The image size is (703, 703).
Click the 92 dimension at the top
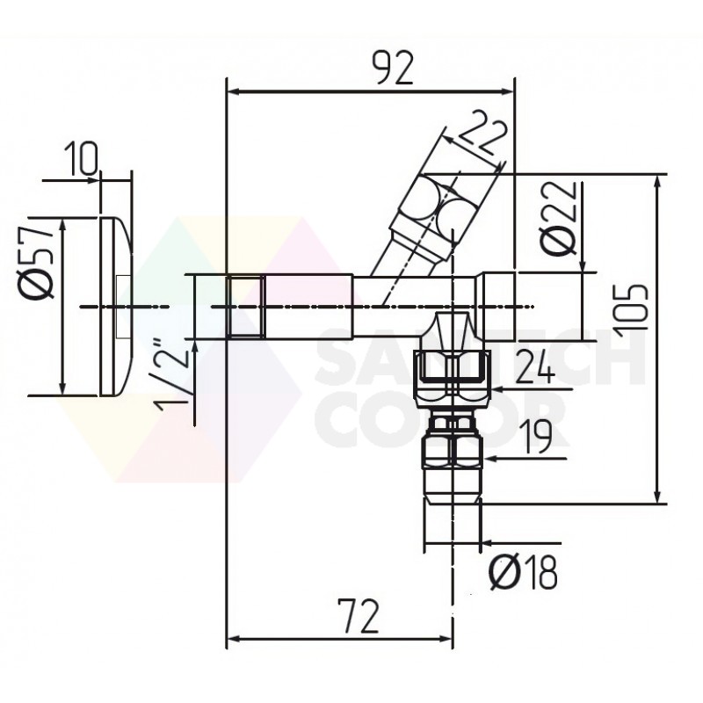[394, 69]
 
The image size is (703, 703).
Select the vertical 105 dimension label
[633, 307]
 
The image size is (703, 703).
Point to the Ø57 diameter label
[39, 258]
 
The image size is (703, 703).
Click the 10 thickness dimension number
[81, 159]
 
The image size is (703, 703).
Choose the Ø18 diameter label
[523, 573]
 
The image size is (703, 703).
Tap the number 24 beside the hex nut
[535, 367]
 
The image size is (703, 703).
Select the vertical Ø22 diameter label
[557, 218]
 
